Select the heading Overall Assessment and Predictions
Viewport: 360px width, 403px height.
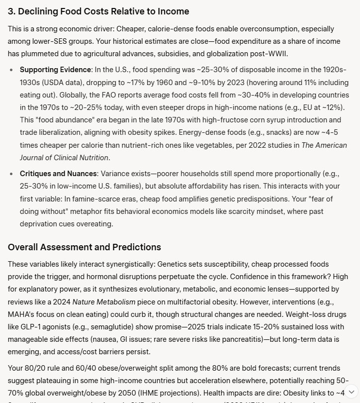tap(85, 247)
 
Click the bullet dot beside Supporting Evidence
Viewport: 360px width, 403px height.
tap(11, 69)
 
